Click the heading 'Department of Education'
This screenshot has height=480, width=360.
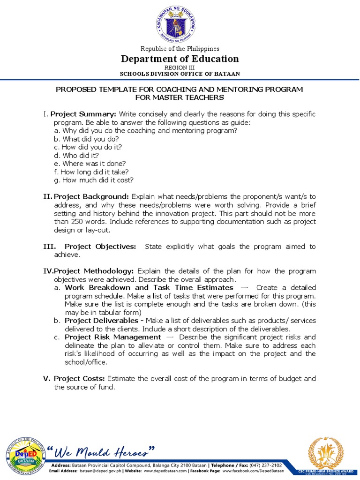click(180, 59)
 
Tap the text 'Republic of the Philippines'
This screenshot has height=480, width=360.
click(180, 49)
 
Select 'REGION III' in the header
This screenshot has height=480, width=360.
click(180, 67)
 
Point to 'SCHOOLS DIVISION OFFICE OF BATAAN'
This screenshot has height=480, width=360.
click(180, 74)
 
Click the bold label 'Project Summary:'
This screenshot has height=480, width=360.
click(83, 114)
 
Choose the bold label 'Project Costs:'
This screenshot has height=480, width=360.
click(80, 378)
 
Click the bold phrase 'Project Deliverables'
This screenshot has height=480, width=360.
click(101, 320)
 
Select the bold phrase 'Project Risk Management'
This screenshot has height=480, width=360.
click(112, 337)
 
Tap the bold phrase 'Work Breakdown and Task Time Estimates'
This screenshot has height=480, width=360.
click(149, 287)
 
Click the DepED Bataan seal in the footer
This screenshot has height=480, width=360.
click(24, 454)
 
